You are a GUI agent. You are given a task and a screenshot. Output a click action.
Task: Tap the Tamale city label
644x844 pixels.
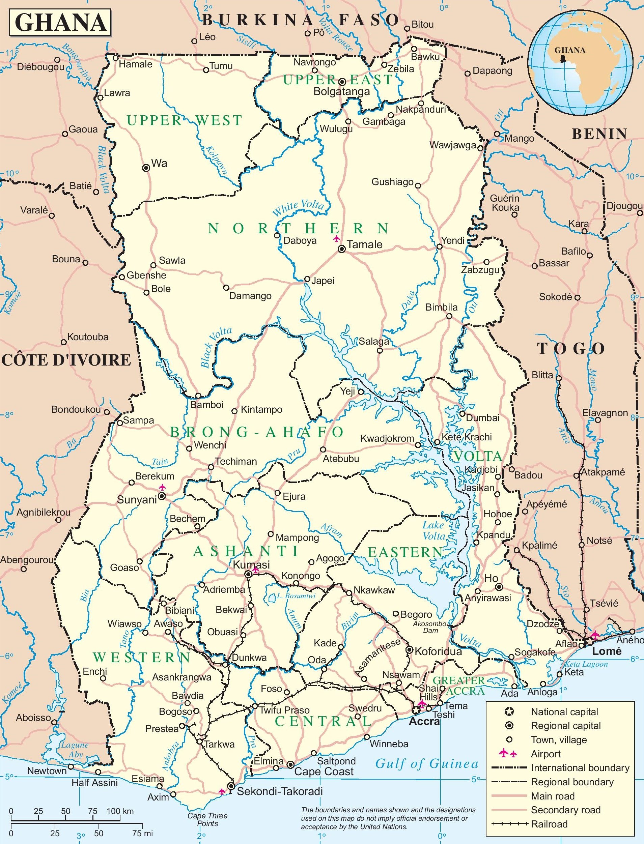(365, 244)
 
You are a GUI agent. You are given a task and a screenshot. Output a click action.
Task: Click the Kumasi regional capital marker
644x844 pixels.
(248, 574)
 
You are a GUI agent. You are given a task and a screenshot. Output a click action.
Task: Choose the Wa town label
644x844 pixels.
(160, 164)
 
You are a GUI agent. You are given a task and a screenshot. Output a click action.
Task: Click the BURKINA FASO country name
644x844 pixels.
(301, 20)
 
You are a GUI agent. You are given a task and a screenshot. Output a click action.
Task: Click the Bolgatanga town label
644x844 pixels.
(341, 92)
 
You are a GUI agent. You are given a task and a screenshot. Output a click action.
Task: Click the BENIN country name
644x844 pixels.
(599, 134)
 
